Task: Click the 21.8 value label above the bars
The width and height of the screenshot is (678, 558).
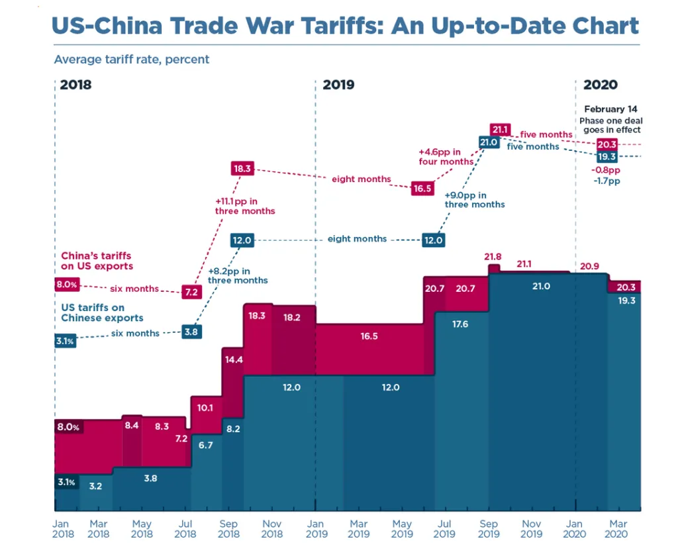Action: [493, 256]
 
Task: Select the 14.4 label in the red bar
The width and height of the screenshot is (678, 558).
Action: [233, 361]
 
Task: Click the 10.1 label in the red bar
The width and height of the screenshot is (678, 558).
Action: [205, 408]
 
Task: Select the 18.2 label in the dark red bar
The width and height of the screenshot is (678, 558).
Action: [291, 317]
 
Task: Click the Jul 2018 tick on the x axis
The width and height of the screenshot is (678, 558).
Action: [185, 528]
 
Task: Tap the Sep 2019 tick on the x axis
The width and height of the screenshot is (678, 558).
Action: [489, 528]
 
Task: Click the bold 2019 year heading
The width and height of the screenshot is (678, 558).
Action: [338, 85]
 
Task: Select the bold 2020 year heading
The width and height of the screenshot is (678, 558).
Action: [600, 85]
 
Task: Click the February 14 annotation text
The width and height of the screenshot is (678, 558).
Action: [610, 109]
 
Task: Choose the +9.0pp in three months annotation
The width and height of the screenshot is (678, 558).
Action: [474, 200]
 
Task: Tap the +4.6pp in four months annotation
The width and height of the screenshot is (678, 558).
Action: [446, 157]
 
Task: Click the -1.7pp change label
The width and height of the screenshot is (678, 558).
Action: [607, 181]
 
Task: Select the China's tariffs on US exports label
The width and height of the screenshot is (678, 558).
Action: [97, 261]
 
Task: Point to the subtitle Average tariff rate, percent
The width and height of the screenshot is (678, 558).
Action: [132, 60]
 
